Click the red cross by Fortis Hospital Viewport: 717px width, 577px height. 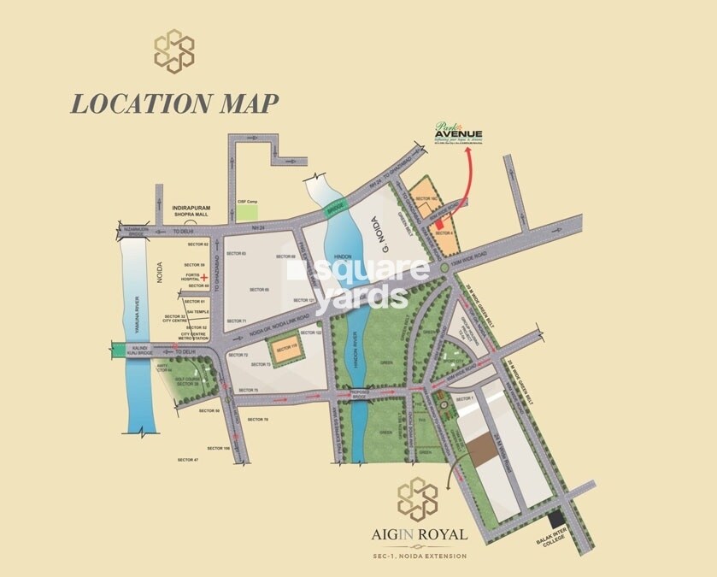pyautogui.click(x=205, y=279)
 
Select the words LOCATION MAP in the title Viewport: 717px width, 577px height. pyautogui.click(x=174, y=103)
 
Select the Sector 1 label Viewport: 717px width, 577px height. pyautogui.click(x=465, y=400)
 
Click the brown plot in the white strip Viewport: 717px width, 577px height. pyautogui.click(x=479, y=453)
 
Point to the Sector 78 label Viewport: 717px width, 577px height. pyautogui.click(x=257, y=420)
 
